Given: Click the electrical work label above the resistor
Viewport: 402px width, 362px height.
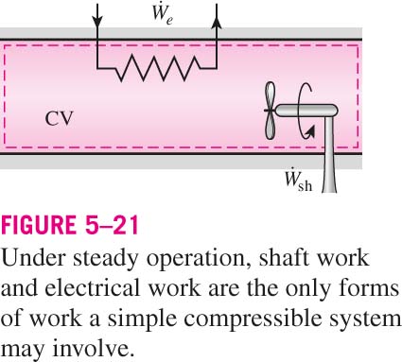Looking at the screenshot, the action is click(x=162, y=14).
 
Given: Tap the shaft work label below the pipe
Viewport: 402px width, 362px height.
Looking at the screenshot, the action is click(x=298, y=181).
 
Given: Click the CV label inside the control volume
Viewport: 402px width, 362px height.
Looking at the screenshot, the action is click(x=59, y=119).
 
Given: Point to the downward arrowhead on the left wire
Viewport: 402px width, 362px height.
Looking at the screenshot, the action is click(x=97, y=21).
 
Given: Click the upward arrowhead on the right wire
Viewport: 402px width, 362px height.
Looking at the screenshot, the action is click(x=217, y=23).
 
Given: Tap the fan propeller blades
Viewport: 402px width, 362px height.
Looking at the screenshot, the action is click(x=270, y=111).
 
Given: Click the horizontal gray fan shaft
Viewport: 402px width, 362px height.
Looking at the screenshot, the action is click(x=306, y=111).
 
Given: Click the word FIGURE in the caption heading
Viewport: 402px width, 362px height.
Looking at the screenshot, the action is click(x=39, y=225).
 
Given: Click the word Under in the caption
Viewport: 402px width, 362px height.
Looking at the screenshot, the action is click(x=34, y=259).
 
